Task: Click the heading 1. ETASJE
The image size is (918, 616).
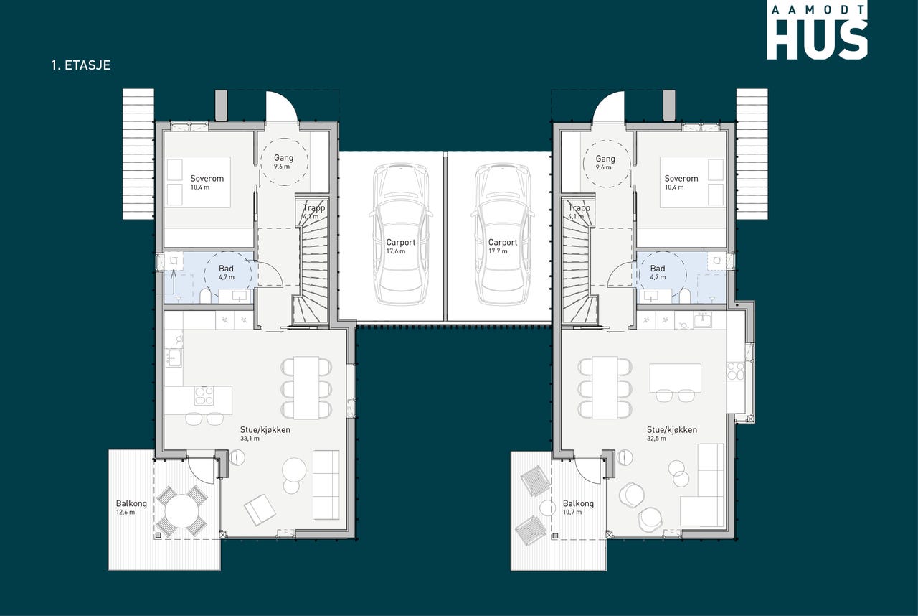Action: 81,65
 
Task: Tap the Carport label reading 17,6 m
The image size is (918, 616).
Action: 400,246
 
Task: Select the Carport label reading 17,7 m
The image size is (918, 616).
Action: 503,246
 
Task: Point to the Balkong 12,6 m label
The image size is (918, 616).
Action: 131,508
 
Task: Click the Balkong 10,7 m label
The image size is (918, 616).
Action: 578,508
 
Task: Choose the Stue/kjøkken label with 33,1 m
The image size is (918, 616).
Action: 265,434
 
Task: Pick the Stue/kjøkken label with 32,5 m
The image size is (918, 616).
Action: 672,434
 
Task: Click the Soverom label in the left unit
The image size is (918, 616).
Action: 207,182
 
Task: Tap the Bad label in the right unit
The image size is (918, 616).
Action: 658,272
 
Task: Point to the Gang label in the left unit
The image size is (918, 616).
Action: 283,162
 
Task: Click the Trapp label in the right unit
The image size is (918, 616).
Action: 579,212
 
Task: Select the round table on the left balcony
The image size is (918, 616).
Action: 182,511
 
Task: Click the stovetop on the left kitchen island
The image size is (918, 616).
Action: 204,396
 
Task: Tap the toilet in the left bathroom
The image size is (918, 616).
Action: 205,296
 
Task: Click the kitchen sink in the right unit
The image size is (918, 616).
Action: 702,320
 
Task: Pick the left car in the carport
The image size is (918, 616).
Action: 401,234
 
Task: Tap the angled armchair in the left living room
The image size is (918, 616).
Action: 260,510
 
